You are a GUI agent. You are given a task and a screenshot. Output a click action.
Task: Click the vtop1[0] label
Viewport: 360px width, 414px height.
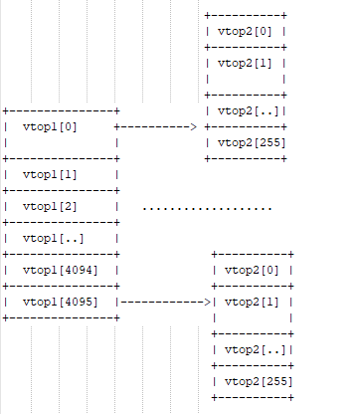[x=49, y=127]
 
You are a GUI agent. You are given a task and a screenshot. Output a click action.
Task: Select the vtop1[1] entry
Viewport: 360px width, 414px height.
[x=49, y=175]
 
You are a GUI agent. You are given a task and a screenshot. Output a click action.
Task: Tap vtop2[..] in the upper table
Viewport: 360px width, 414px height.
[x=248, y=110]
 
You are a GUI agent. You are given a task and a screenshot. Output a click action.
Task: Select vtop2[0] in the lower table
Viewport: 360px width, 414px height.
[x=254, y=270]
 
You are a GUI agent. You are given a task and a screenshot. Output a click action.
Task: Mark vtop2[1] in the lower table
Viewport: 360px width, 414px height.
[x=254, y=301]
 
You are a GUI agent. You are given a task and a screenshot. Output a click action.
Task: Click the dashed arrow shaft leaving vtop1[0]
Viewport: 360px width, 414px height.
[x=153, y=127]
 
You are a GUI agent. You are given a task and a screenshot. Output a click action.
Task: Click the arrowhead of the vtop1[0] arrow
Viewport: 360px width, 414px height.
[x=193, y=127]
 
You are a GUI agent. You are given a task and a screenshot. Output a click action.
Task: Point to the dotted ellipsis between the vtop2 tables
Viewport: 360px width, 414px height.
[x=207, y=208]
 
